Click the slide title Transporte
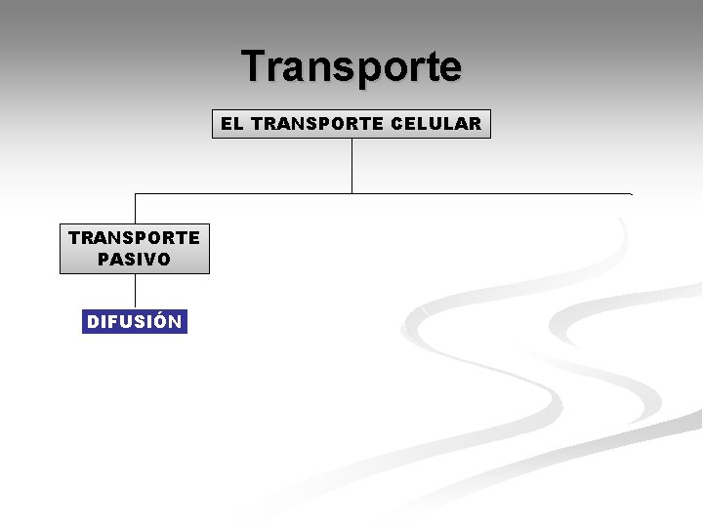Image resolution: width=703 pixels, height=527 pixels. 351,66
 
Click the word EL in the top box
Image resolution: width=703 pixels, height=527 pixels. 231,124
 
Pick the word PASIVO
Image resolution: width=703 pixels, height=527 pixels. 134,260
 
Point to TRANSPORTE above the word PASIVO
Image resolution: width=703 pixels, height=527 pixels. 134,237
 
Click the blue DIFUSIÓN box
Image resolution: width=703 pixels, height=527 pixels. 134,322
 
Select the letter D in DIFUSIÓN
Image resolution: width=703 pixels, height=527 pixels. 93,322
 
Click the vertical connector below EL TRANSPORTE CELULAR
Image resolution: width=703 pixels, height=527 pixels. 351,166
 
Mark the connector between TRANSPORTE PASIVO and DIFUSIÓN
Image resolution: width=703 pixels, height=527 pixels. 135,292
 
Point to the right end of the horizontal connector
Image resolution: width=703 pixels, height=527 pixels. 630,193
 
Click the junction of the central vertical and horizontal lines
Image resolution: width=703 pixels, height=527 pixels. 351,193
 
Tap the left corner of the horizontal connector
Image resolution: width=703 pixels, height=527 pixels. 135,193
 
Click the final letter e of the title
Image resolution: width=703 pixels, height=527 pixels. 450,68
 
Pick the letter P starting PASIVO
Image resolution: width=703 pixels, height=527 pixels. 103,260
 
